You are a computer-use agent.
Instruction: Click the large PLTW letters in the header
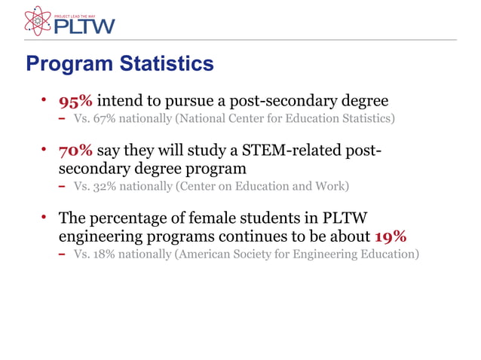pyautogui.click(x=84, y=26)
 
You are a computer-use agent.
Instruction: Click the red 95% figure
pyautogui.click(x=75, y=101)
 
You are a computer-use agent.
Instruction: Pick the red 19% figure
pyautogui.click(x=391, y=236)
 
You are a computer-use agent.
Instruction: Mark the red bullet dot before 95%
pyautogui.click(x=44, y=100)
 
